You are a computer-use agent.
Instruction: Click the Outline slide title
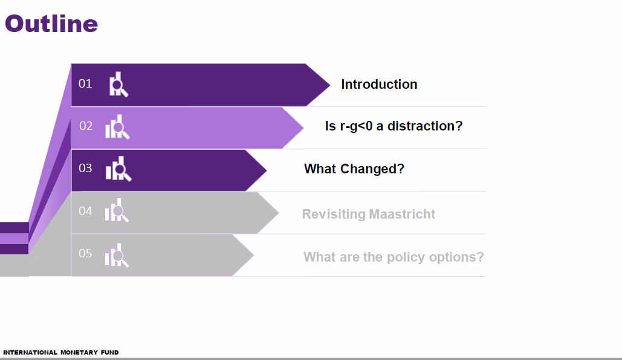[51, 24]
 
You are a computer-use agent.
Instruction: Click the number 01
[85, 84]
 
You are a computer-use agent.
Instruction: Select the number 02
[86, 126]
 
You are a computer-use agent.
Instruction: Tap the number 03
[85, 169]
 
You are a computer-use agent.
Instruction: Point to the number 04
[85, 211]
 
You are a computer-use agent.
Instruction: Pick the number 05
[85, 254]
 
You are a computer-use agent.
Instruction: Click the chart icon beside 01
[118, 85]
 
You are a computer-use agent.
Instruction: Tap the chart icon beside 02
[117, 127]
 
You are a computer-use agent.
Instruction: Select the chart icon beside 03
[118, 169]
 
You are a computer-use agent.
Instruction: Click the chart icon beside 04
[117, 211]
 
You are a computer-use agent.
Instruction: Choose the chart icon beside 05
[117, 256]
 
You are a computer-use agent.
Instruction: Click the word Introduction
[379, 85]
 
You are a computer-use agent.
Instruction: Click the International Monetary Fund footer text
[61, 352]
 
